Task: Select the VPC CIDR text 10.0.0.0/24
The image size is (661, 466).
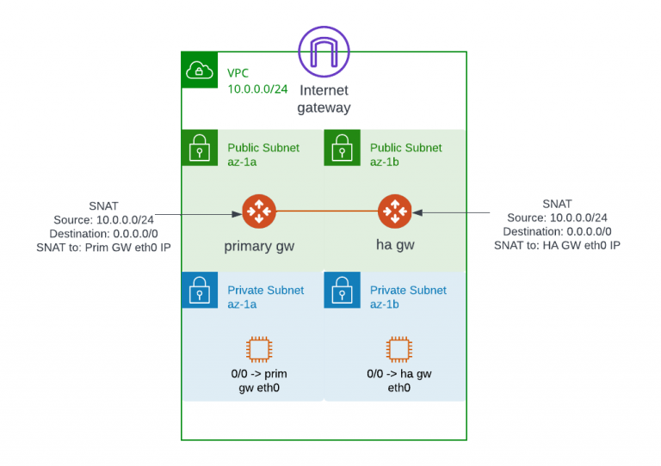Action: pyautogui.click(x=257, y=89)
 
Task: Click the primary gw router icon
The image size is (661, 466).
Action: pyautogui.click(x=257, y=212)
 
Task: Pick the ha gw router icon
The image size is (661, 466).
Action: pyautogui.click(x=394, y=212)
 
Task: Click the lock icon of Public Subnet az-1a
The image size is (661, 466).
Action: pyautogui.click(x=199, y=147)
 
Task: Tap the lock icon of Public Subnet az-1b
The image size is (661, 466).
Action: pyautogui.click(x=341, y=147)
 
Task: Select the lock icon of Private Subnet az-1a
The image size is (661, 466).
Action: pyautogui.click(x=199, y=290)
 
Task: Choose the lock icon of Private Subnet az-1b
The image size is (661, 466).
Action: pyautogui.click(x=341, y=290)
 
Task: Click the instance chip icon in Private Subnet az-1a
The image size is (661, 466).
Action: pyautogui.click(x=257, y=349)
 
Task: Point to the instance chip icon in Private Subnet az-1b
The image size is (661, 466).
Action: pyautogui.click(x=398, y=349)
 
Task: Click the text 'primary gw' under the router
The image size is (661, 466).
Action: pyautogui.click(x=259, y=246)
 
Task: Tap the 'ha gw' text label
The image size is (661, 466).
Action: pyautogui.click(x=394, y=246)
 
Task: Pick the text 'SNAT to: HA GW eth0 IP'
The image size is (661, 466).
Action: pyautogui.click(x=557, y=245)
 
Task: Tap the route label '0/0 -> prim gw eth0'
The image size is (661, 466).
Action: pyautogui.click(x=258, y=381)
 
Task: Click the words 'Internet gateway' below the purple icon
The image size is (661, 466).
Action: pyautogui.click(x=324, y=99)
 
